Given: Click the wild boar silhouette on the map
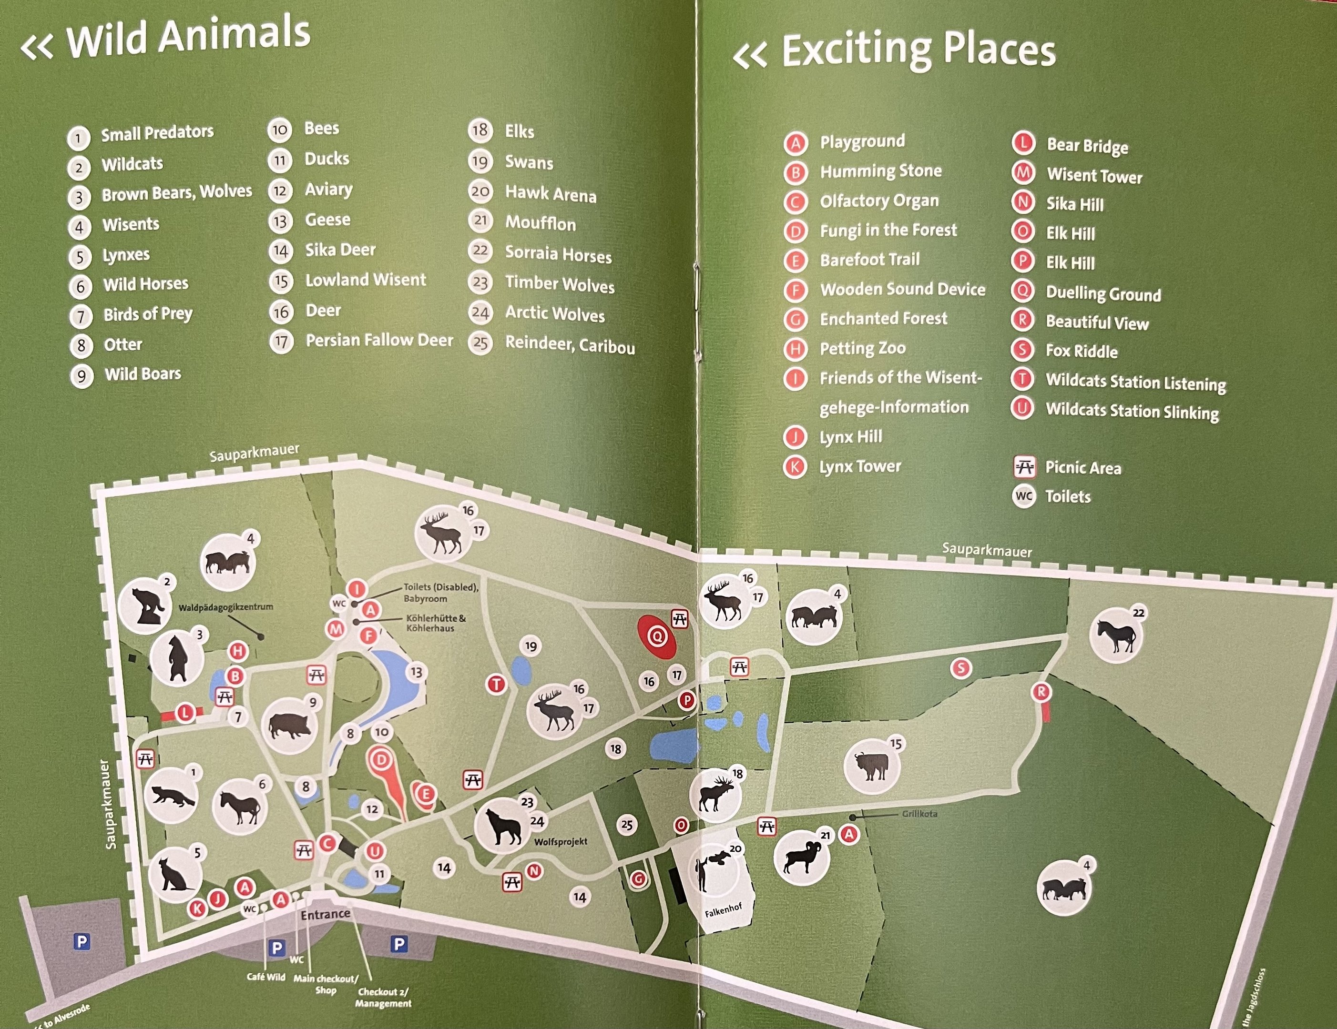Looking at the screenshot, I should [289, 726].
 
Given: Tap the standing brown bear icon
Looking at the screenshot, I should [177, 658].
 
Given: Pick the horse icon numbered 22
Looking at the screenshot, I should [1116, 636].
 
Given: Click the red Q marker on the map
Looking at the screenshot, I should [657, 636].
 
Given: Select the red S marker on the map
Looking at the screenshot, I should [960, 668].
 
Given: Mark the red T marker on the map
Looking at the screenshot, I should [496, 684].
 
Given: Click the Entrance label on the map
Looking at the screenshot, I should [325, 915].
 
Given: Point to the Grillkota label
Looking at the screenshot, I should [919, 814].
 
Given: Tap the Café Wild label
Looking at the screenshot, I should [265, 977].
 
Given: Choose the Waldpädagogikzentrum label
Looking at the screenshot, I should [225, 607].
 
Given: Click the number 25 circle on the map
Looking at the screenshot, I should [626, 825].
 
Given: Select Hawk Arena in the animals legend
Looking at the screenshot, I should [550, 194].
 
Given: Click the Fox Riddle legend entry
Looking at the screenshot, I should [1081, 351].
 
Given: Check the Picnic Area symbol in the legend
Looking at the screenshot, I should [1024, 467].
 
